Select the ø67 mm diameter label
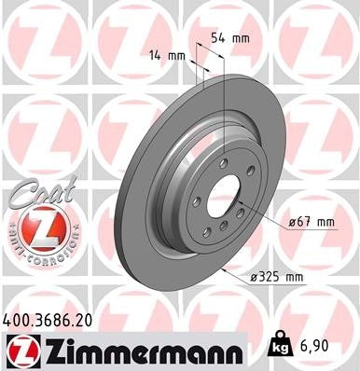312,221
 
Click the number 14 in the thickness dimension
155,56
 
